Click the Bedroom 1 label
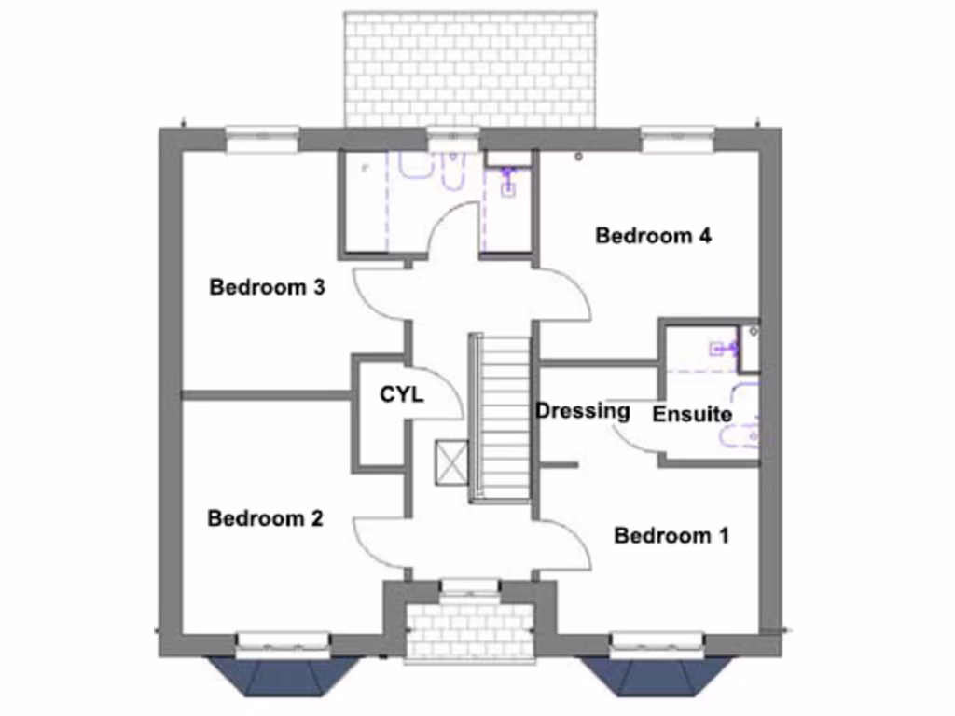[x=671, y=536]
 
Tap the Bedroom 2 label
[x=265, y=518]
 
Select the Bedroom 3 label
[x=267, y=287]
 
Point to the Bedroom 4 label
[x=654, y=236]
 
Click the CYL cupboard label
[x=402, y=395]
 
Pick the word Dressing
[x=583, y=410]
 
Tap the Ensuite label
[x=692, y=414]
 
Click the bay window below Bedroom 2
[x=283, y=674]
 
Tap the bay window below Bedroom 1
[x=657, y=674]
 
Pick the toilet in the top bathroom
[x=452, y=168]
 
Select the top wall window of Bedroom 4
[x=678, y=137]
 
